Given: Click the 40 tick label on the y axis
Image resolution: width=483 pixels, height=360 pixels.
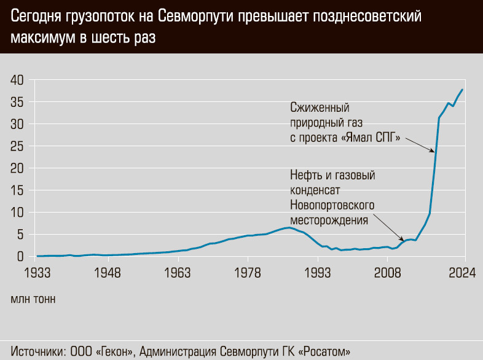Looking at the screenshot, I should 17,80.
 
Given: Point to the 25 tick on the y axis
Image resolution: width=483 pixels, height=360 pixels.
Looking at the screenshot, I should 17,146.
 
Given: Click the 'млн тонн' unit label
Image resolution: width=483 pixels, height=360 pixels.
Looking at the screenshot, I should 33,300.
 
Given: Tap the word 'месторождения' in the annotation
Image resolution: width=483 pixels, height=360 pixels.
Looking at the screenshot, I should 329,219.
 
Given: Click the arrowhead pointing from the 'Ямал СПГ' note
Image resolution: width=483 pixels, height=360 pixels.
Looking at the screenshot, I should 434,151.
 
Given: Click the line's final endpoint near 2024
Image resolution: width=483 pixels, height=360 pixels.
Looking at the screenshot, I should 462,90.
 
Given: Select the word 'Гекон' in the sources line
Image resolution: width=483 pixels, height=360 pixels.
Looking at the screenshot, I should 116,351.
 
